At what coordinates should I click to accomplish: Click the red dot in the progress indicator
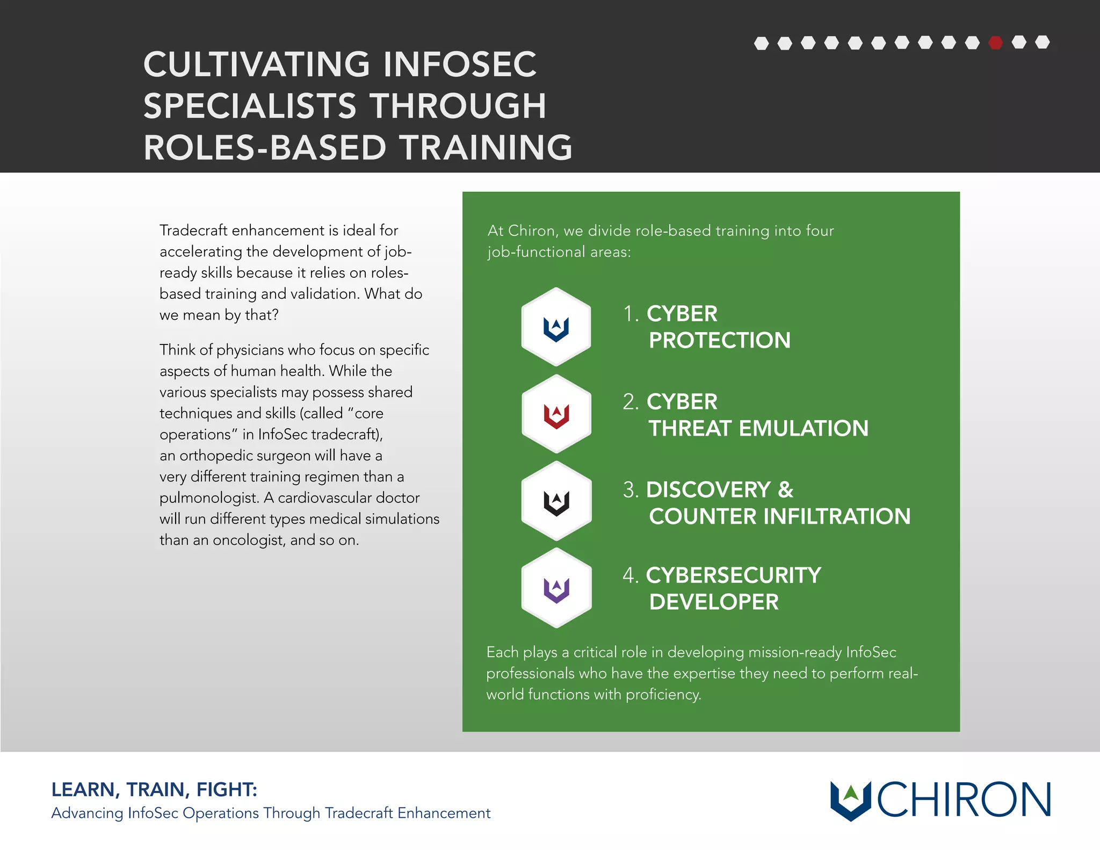point(995,42)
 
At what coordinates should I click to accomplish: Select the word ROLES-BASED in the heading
point(265,148)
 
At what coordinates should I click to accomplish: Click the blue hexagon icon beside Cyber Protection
point(556,327)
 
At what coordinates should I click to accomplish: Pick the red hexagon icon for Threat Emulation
point(556,414)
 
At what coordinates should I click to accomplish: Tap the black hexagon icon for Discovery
point(556,501)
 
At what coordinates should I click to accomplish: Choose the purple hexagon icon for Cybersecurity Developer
point(556,588)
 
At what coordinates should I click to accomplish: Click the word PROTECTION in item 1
point(719,340)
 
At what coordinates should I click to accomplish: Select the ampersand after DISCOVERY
point(785,489)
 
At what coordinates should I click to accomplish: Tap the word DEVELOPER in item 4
point(713,602)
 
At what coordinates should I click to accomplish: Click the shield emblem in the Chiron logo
point(850,799)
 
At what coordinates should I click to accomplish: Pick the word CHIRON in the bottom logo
point(964,799)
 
